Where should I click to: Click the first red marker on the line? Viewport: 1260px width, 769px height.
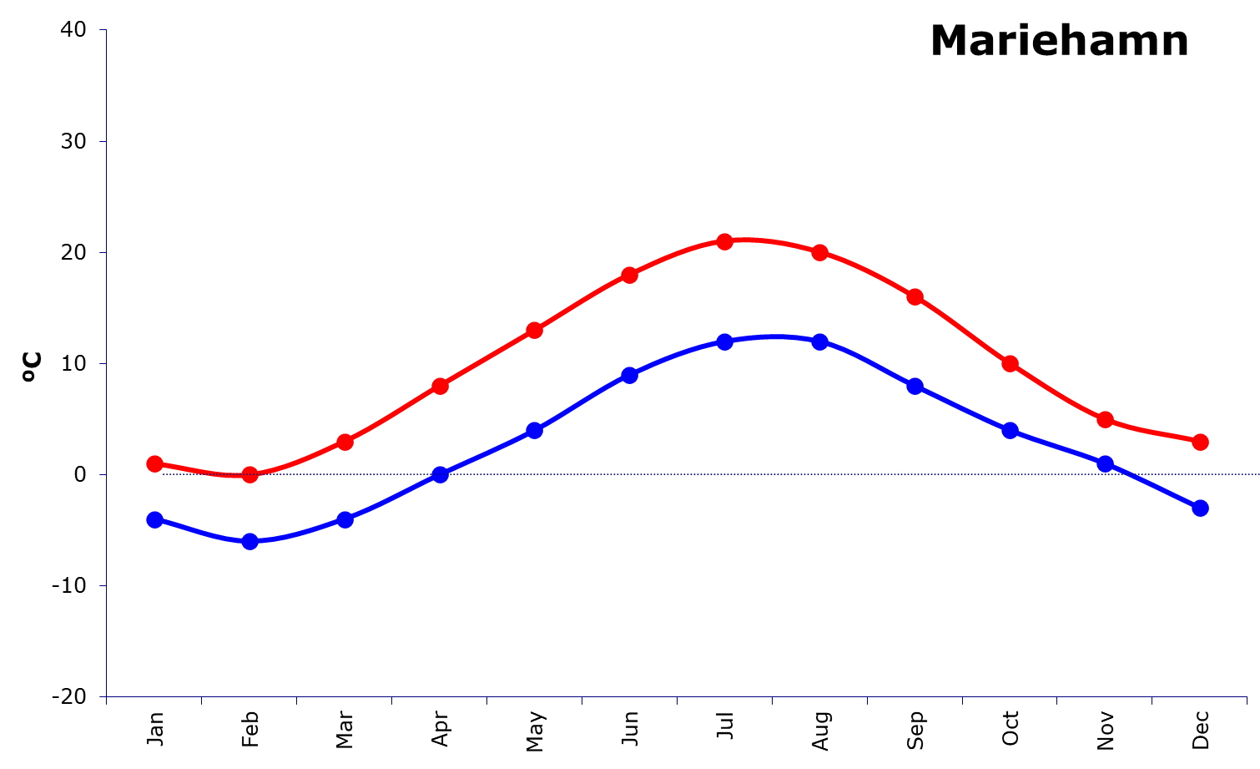point(154,463)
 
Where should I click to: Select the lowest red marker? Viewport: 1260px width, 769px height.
point(249,474)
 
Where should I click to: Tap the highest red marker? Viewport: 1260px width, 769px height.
point(724,241)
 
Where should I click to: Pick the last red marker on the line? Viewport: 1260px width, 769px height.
point(1200,442)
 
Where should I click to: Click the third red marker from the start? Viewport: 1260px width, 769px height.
point(345,442)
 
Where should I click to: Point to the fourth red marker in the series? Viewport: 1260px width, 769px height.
point(440,386)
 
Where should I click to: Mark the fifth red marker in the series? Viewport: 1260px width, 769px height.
point(535,330)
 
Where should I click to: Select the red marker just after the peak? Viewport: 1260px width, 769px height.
point(819,252)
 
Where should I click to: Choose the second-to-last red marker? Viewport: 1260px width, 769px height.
point(1105,419)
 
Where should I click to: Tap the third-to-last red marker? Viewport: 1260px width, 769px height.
point(1010,363)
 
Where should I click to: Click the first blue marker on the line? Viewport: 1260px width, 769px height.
point(154,519)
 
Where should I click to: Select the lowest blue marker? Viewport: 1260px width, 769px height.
point(249,541)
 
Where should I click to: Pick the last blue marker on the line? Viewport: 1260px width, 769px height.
point(1200,508)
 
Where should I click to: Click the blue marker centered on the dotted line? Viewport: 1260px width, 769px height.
point(440,474)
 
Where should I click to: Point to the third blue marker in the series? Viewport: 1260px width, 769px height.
point(345,519)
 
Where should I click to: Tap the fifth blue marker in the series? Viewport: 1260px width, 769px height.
point(535,430)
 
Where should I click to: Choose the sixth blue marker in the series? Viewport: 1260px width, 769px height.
point(629,375)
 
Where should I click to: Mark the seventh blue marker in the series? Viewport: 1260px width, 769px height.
point(724,341)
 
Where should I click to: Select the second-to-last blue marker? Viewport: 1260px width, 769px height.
point(1105,463)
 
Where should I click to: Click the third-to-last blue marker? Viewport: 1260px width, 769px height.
point(1010,430)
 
